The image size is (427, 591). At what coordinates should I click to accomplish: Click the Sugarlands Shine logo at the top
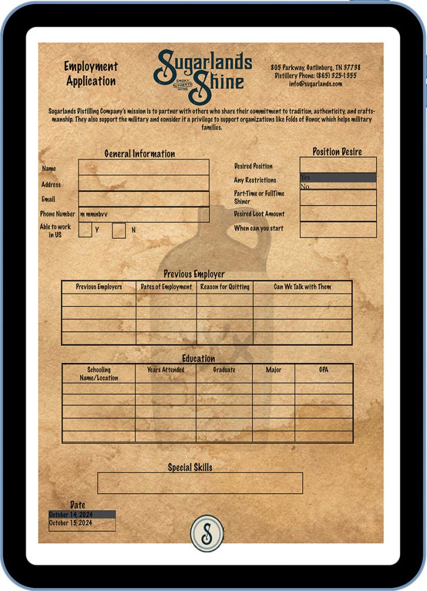pos(202,70)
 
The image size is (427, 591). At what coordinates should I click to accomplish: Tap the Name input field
pos(144,167)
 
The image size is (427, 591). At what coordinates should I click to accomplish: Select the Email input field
pos(144,199)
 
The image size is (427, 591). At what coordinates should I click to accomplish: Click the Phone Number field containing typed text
pos(144,215)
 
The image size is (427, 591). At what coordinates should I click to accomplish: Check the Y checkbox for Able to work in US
pos(85,230)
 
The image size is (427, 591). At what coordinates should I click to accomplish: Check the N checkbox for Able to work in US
pos(119,230)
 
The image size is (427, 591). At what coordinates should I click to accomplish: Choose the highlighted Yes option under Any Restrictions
pos(338,178)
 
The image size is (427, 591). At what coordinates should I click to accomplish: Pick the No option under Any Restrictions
pos(338,186)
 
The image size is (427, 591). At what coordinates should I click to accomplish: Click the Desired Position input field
pos(338,165)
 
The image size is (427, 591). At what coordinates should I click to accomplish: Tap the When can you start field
pos(338,229)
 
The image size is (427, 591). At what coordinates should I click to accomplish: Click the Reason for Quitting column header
pos(224,287)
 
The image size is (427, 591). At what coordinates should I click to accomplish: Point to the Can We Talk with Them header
pos(302,287)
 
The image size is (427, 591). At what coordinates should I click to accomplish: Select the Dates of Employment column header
pos(166,287)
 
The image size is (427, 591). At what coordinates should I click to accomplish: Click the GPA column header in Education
pos(323,370)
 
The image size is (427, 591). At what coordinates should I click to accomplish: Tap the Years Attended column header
pos(166,370)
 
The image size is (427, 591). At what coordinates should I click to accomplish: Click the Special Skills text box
pos(200,483)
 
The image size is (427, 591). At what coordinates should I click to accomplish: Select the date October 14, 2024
pos(82,514)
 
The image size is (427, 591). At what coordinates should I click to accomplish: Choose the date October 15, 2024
pos(82,523)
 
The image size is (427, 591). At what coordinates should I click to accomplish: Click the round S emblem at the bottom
pos(207,532)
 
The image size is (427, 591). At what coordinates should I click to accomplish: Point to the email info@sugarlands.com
pos(316,84)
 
